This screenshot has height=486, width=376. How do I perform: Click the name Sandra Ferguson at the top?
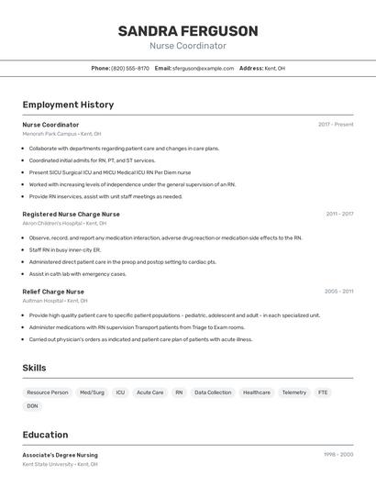coord(188,31)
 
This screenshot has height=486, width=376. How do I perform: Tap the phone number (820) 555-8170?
coord(130,68)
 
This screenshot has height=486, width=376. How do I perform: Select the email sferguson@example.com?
coord(203,68)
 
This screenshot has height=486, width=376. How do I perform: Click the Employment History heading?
coord(68,105)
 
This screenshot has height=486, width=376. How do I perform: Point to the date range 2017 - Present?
coord(336,125)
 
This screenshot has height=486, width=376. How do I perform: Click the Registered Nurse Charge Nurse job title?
coord(72,214)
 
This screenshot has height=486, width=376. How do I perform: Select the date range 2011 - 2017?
coord(339,214)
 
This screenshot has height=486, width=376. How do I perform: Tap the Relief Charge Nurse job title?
coord(53,292)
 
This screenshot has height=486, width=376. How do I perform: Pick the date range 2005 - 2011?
coord(338,292)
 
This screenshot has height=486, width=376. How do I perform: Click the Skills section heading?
coord(35,368)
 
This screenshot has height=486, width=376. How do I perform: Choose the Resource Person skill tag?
coord(48,392)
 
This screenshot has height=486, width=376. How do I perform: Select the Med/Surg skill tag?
coord(92,392)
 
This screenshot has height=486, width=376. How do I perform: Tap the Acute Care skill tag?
coord(150,392)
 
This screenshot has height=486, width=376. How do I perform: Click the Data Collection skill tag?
coord(213,392)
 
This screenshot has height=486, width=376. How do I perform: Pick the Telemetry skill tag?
coord(294,392)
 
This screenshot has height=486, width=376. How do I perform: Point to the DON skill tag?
coord(33,406)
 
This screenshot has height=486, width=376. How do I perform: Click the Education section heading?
coord(45,435)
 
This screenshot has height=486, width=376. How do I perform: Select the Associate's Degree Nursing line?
coord(61,455)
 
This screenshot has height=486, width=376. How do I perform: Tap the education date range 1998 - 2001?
coord(338,455)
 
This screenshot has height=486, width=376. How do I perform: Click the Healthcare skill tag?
coord(257,392)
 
